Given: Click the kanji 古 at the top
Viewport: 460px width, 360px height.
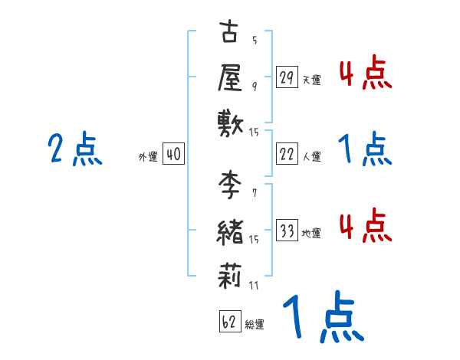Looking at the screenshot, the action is (230, 33).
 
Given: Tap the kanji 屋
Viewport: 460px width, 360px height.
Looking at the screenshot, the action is (230, 76).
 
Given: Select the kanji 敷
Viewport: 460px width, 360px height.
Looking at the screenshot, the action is (230, 121).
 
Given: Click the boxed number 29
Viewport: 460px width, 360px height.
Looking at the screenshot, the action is (287, 77).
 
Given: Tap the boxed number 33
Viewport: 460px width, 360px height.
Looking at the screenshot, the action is (287, 231).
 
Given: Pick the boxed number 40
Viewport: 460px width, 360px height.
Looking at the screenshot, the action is (172, 154).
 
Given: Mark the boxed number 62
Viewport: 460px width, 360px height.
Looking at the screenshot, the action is (229, 321).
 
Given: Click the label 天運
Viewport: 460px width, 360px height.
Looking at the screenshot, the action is (311, 80).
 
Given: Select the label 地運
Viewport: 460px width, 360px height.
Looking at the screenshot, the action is (311, 233).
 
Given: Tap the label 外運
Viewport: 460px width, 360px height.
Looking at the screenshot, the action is (148, 156).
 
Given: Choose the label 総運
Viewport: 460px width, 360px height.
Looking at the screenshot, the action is (255, 324).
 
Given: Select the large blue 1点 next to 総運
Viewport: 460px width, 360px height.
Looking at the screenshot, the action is (322, 318).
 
